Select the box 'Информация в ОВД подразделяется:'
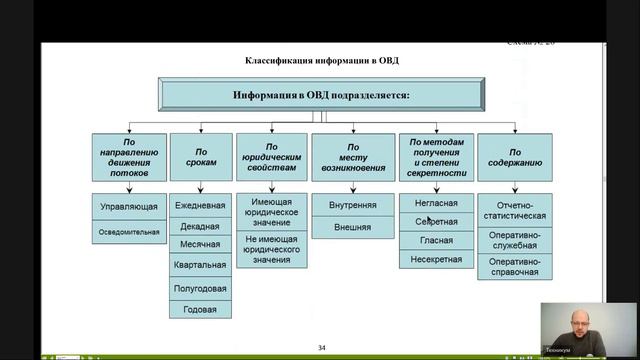point(322,96)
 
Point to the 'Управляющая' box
point(129,206)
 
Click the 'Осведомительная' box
point(129,231)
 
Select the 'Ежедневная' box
point(200,205)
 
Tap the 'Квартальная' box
point(200,266)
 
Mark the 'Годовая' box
point(200,309)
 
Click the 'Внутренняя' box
point(352,205)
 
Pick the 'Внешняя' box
point(352,227)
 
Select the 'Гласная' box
point(436,240)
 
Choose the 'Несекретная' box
point(436,259)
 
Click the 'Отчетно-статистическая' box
point(515,210)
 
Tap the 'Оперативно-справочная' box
point(515,266)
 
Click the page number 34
point(322,347)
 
